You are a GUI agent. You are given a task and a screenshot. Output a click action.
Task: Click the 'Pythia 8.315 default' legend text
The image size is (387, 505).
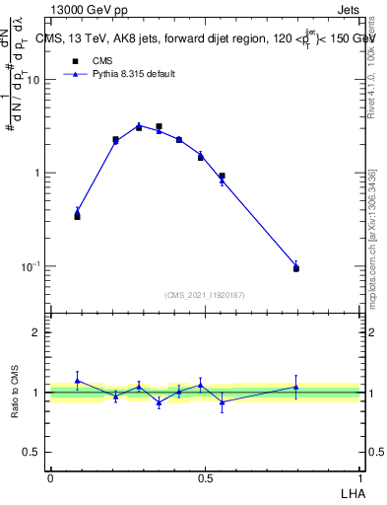tap(133, 74)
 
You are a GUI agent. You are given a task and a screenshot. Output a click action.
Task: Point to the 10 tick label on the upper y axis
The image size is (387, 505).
tap(33, 80)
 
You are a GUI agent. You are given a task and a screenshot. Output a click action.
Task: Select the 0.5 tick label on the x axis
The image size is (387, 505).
tap(205, 478)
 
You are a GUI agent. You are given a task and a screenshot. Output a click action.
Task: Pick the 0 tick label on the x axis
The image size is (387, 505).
tap(50, 478)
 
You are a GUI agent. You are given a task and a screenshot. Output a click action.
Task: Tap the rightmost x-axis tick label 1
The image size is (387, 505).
tap(360, 478)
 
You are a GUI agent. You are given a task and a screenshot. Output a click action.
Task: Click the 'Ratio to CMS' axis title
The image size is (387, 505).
tap(15, 393)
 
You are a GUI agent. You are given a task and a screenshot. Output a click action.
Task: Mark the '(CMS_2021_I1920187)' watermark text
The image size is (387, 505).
tap(205, 294)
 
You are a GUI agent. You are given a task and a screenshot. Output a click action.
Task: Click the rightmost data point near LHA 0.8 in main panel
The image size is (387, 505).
tap(296, 267)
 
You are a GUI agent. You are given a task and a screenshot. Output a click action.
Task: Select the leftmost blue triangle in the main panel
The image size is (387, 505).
tap(77, 210)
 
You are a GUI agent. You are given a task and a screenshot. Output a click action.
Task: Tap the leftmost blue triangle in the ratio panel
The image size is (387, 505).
tap(77, 381)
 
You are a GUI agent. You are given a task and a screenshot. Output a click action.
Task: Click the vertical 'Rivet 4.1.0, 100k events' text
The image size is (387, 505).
tap(371, 69)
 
